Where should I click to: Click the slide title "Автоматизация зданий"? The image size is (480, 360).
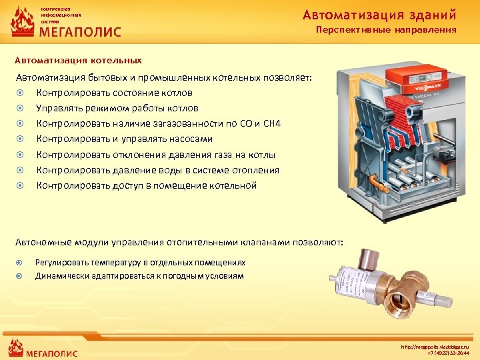pyautogui.click(x=379, y=14)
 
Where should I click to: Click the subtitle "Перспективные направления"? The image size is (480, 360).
pyautogui.click(x=386, y=30)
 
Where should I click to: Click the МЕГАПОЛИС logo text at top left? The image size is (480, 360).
pyautogui.click(x=79, y=31)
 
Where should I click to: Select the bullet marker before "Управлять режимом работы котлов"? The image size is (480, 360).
pyautogui.click(x=21, y=108)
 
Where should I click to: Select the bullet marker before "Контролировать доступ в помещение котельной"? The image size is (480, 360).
pyautogui.click(x=21, y=185)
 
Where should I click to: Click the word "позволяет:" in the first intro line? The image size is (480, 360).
pyautogui.click(x=288, y=77)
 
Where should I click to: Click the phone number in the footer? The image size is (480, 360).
pyautogui.click(x=448, y=353)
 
